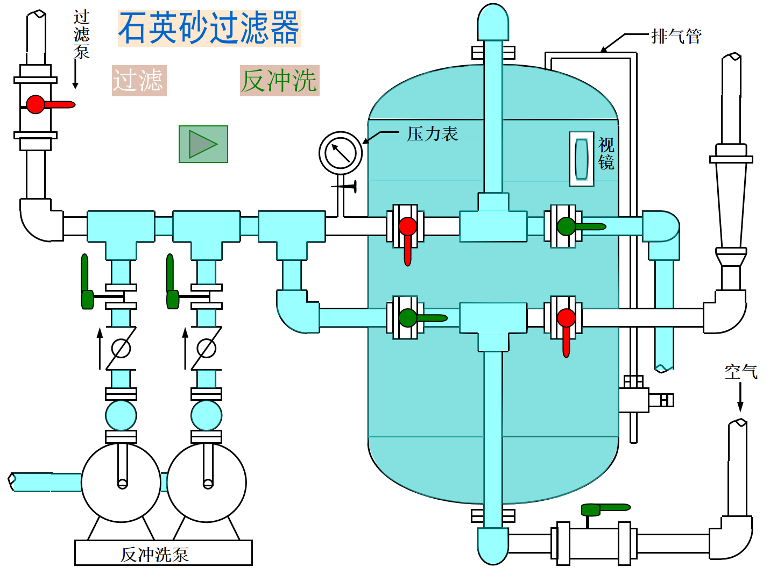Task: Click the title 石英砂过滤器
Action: point(209,29)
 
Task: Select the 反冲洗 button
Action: point(279,81)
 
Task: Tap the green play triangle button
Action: point(203,144)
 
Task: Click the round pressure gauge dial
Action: point(341,153)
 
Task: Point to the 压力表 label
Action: point(432,134)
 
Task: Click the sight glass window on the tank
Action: point(581,159)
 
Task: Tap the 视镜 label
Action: point(606,153)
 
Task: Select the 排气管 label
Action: point(676,36)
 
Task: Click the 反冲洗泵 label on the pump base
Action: point(154,554)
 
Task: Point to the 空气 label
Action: point(740,372)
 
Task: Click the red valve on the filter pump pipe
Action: point(36,104)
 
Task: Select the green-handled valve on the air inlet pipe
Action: point(591,509)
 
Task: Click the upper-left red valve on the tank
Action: point(407,226)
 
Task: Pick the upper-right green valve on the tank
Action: point(566,226)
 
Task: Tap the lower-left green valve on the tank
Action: point(407,318)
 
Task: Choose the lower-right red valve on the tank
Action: point(566,318)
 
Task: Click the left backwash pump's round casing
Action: point(121,483)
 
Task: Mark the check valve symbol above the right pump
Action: point(206,349)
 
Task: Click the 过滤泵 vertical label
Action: point(81,34)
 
